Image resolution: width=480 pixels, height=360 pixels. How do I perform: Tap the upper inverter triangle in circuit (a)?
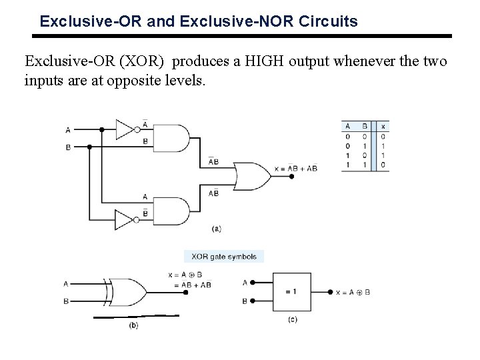126,129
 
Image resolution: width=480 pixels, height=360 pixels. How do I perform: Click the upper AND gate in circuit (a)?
172,138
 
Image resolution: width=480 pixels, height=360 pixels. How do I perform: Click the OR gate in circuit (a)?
248,175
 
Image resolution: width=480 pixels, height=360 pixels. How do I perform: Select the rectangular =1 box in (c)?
290,292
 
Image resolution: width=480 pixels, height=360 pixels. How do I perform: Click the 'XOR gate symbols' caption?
224,256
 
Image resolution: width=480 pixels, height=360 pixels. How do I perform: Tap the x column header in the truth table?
383,126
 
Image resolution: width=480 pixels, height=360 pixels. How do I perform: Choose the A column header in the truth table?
347,126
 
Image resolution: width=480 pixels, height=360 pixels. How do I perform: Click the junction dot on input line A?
101,129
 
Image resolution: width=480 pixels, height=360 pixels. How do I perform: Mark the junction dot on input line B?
89,146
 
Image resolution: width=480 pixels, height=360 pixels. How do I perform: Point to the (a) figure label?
216,229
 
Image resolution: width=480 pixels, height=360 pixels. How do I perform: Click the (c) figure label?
292,321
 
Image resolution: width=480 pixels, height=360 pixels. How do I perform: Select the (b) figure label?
133,325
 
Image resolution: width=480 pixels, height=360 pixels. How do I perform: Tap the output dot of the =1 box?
330,292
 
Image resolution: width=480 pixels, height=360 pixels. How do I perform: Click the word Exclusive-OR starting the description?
62,61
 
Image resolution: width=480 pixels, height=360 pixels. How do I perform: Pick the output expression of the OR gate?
296,169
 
